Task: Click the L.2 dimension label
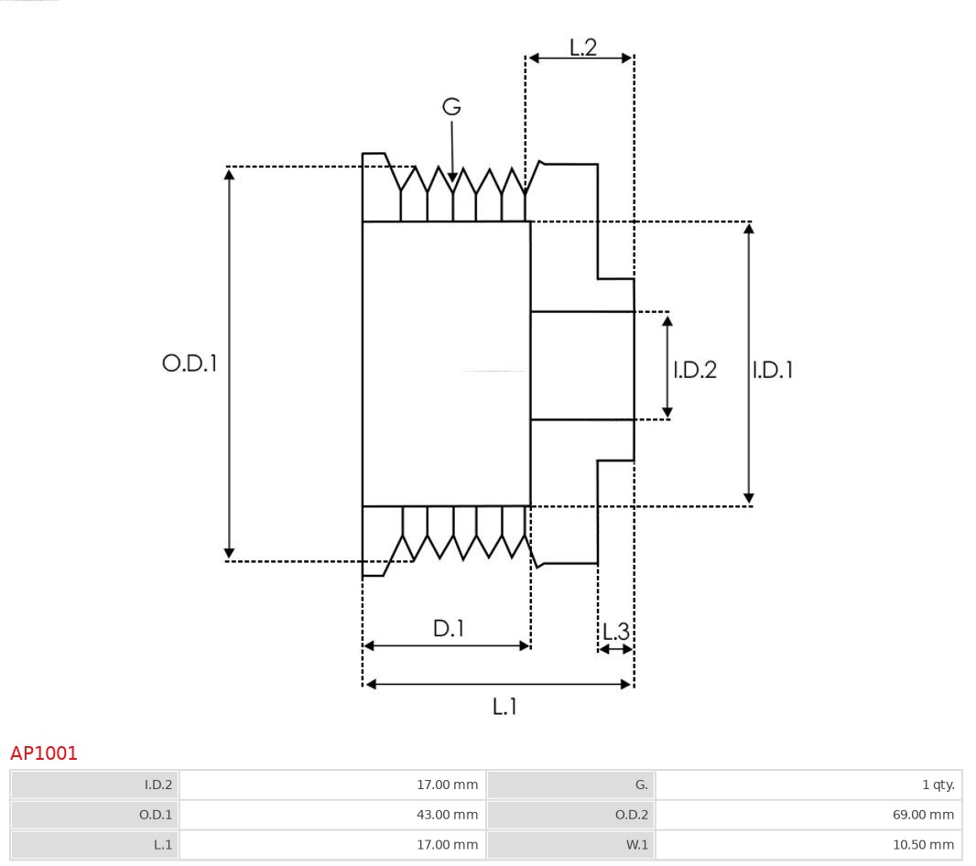coord(582,47)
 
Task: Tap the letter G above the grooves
coord(451,107)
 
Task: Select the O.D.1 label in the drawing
coord(190,363)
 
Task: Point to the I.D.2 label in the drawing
coord(695,370)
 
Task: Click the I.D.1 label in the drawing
coord(773,370)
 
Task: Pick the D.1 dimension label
coord(448,629)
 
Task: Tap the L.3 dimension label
coord(616,632)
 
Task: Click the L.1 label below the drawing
coord(504,707)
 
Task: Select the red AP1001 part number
coord(44,753)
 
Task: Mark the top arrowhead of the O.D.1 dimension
coord(229,173)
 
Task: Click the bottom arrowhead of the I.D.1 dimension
coord(749,499)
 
